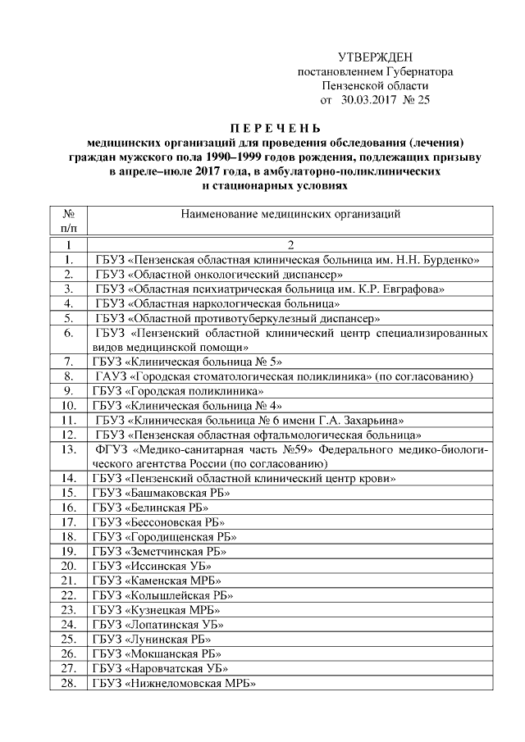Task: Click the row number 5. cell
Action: (70, 318)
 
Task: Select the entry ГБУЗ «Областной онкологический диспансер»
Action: (218, 275)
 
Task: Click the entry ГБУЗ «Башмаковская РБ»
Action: (161, 492)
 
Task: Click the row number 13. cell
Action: (70, 448)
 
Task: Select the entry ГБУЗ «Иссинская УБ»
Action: (153, 566)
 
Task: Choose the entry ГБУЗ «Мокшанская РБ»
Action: (160, 653)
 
